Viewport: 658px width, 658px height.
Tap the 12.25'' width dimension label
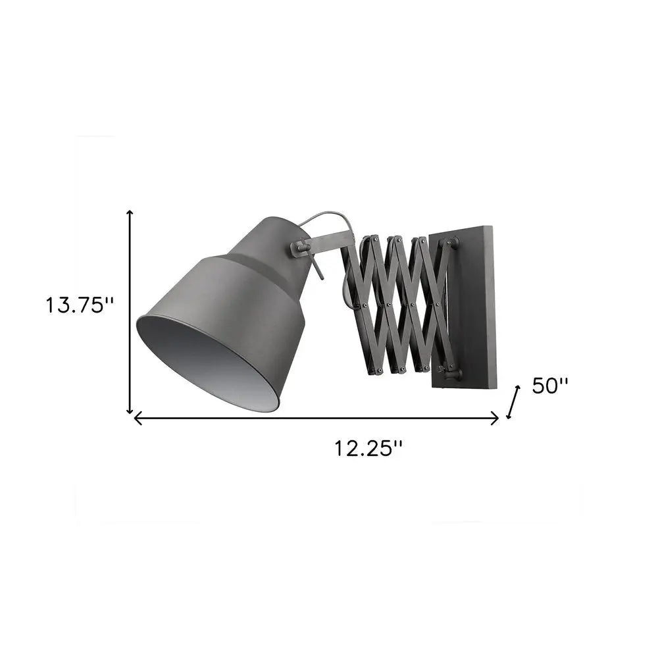[x=368, y=449]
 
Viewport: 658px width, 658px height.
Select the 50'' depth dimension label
[x=550, y=386]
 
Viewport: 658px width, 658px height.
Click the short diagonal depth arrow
[x=513, y=402]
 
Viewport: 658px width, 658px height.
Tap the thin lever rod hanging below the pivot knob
[x=317, y=270]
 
